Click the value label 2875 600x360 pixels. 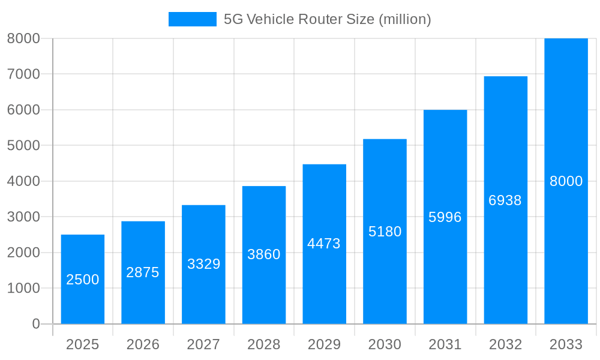[x=143, y=272]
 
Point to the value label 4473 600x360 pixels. [x=324, y=244]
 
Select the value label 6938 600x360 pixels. [x=505, y=200]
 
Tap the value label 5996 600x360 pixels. [x=445, y=217]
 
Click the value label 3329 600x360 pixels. [x=204, y=264]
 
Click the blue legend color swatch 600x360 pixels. [x=192, y=19]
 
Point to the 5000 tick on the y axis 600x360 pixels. [x=23, y=146]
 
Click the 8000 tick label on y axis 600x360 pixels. [x=23, y=38]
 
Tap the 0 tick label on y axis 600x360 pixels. [x=35, y=324]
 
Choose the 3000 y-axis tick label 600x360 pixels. [x=23, y=217]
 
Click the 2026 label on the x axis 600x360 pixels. [x=143, y=344]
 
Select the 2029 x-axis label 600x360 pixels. [x=324, y=344]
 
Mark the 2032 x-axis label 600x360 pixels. [x=505, y=344]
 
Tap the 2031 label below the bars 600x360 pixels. [x=445, y=344]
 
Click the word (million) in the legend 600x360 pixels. [x=404, y=19]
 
